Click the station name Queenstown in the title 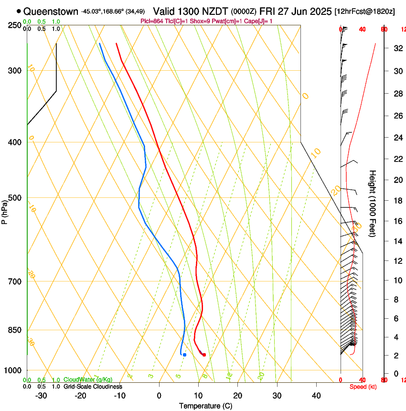pyautogui.click(x=51, y=11)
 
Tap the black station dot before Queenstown pyautogui.click(x=19, y=11)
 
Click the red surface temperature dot pyautogui.click(x=204, y=355)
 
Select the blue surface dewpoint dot pyautogui.click(x=184, y=355)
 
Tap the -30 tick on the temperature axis pyautogui.click(x=41, y=396)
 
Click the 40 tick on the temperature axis pyautogui.click(x=316, y=396)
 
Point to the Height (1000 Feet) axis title pyautogui.click(x=373, y=204)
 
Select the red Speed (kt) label pyautogui.click(x=363, y=387)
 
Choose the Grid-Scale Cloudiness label pyautogui.click(x=93, y=387)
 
